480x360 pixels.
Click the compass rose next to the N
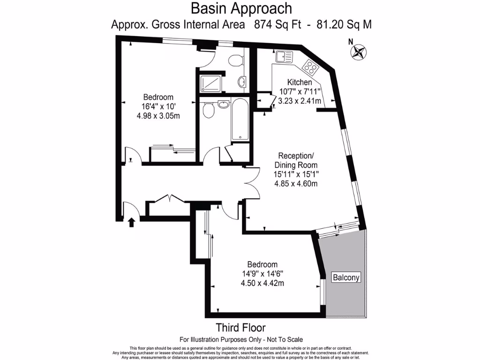(360, 51)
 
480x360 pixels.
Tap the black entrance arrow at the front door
(132, 221)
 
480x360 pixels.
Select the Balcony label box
(346, 277)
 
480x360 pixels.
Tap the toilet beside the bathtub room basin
(209, 110)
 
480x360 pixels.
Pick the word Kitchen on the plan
(300, 83)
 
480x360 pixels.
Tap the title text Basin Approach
(241, 8)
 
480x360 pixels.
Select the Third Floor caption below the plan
(240, 327)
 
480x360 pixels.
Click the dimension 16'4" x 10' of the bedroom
(158, 106)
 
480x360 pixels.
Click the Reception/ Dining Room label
(296, 160)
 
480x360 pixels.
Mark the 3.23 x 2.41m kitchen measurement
(300, 101)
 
